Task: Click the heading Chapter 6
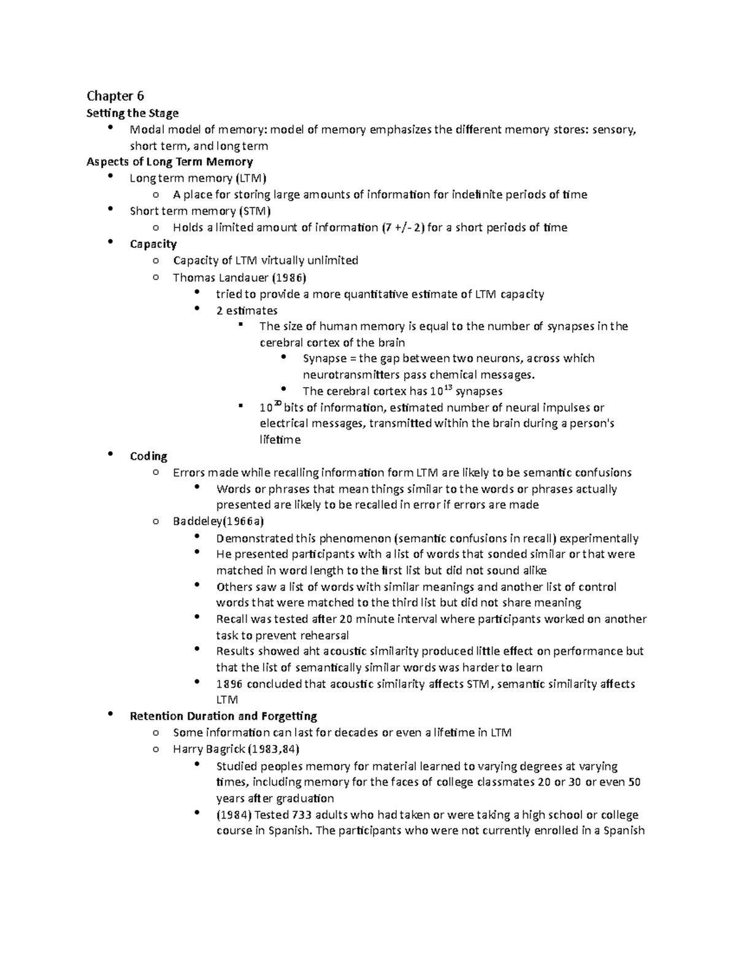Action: click(115, 96)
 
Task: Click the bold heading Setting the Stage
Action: click(132, 113)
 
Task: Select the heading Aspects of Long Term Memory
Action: click(170, 162)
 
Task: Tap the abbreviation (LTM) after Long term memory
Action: click(251, 179)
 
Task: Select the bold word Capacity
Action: click(153, 244)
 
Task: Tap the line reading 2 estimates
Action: click(247, 311)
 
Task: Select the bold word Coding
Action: click(148, 457)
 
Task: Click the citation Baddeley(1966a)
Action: click(218, 522)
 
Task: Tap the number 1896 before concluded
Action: click(229, 684)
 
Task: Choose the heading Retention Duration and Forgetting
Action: click(223, 716)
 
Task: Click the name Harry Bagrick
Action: click(209, 749)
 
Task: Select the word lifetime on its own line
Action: click(280, 440)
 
